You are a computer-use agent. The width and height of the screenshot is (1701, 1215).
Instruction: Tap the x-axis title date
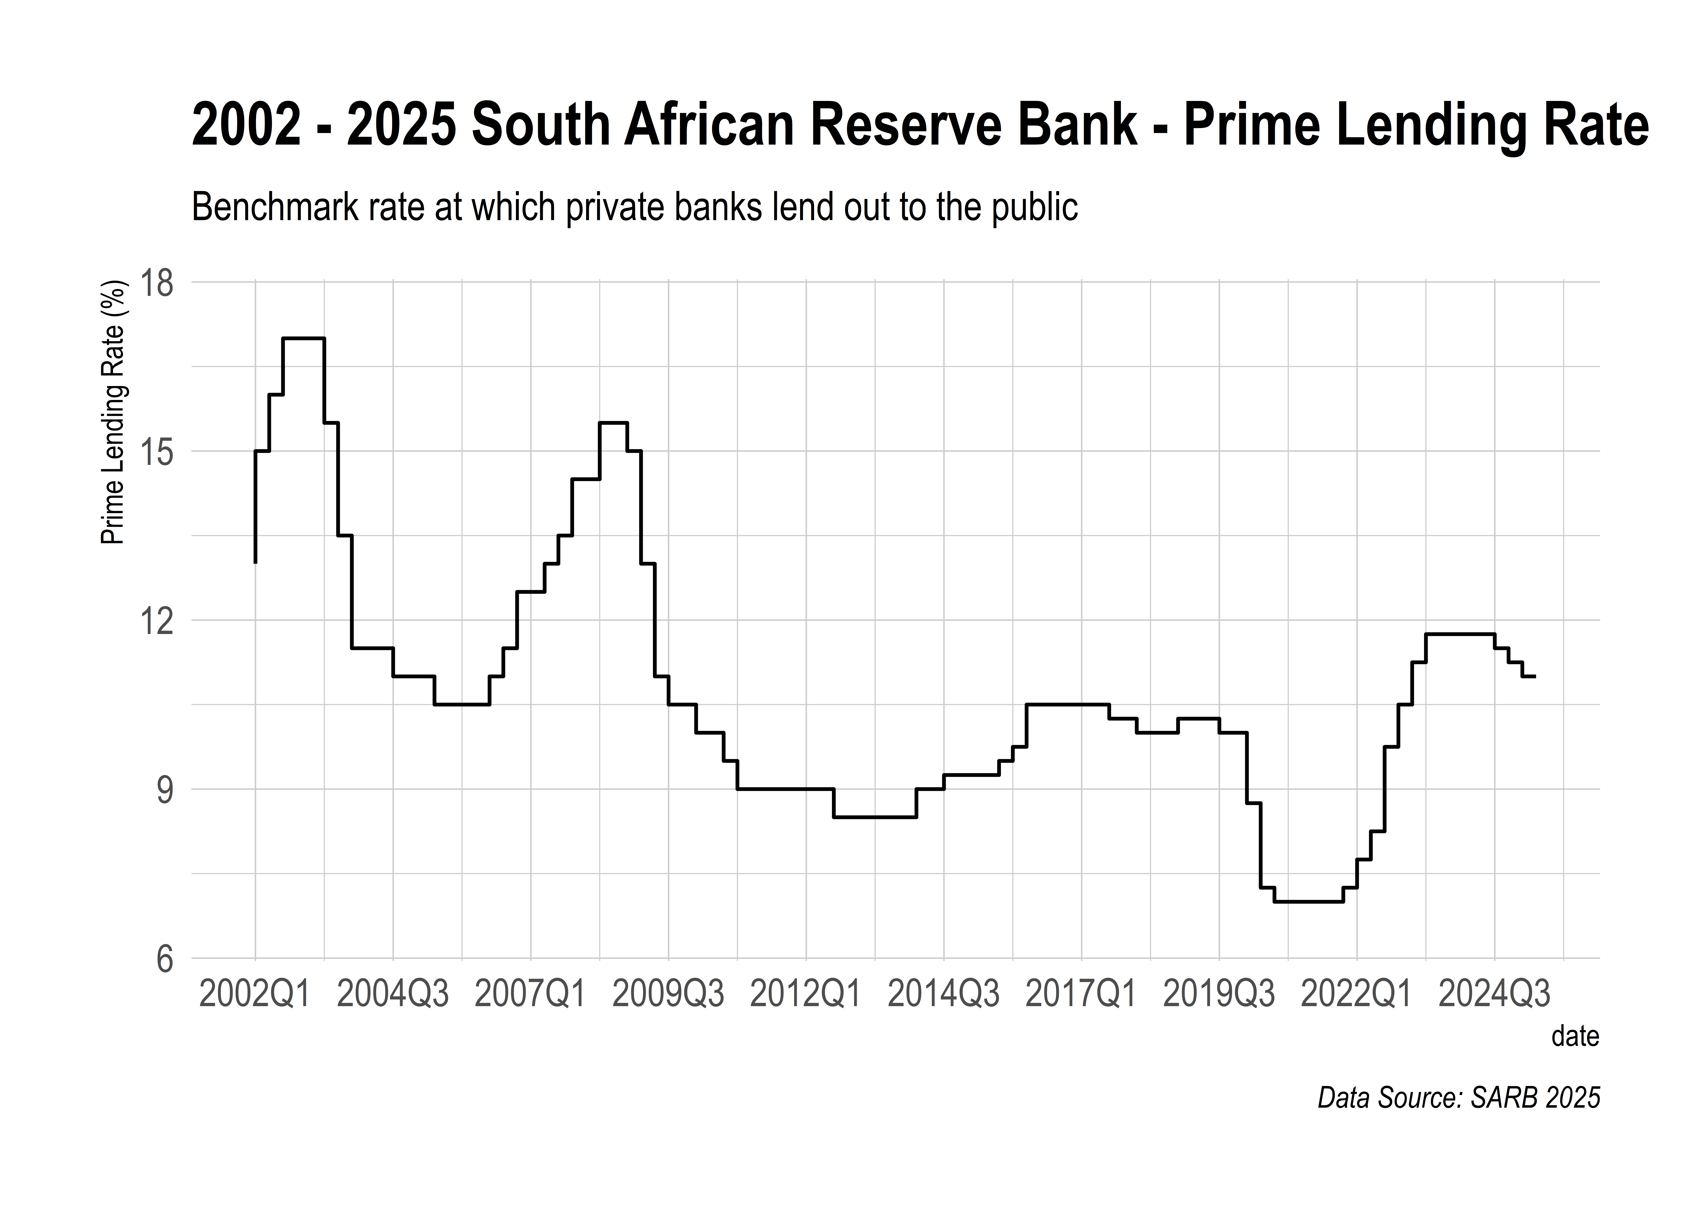point(1575,1036)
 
